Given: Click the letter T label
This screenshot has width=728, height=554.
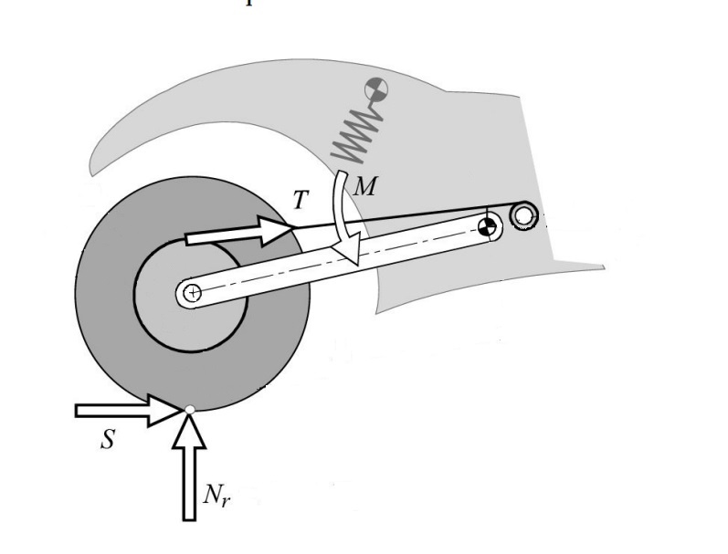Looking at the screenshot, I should click(300, 201).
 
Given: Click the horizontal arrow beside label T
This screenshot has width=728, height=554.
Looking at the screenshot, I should click(237, 235).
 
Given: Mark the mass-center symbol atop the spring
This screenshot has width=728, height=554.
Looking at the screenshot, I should click(375, 90).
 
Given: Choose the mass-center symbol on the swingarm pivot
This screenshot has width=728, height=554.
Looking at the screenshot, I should click(490, 225).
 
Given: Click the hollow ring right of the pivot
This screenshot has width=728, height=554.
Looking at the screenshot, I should click(523, 216).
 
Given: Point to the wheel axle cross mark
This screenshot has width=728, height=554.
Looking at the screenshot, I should click(190, 293).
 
